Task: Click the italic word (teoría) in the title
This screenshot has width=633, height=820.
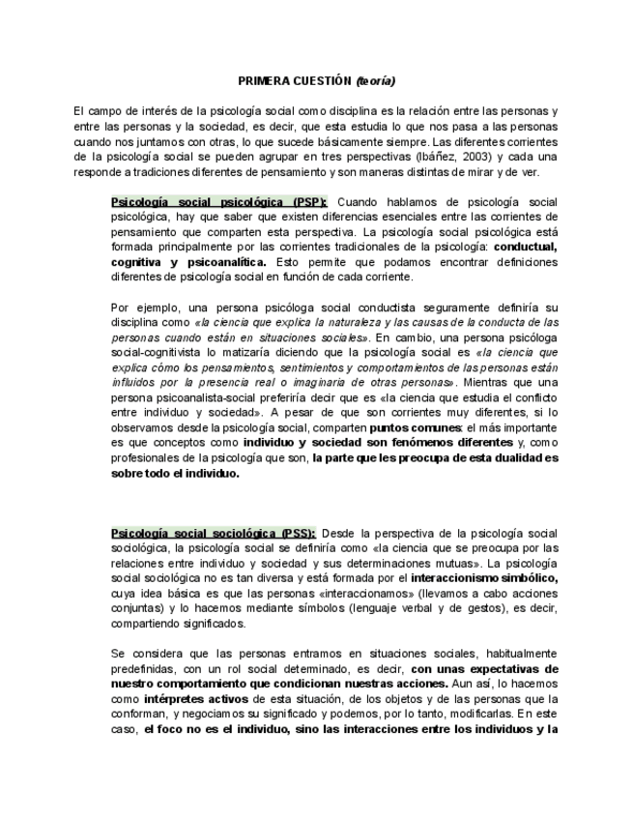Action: (x=375, y=80)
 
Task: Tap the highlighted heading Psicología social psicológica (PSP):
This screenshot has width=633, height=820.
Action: (x=219, y=202)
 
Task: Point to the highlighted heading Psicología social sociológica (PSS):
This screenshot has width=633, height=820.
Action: (x=214, y=533)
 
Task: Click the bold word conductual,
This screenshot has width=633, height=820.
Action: (x=522, y=247)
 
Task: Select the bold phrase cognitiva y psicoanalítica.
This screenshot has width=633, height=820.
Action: (x=189, y=262)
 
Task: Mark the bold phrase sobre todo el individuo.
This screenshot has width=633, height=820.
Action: (x=175, y=474)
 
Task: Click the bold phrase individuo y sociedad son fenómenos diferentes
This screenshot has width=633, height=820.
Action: (x=365, y=442)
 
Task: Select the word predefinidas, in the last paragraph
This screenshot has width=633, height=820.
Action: (x=147, y=668)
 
